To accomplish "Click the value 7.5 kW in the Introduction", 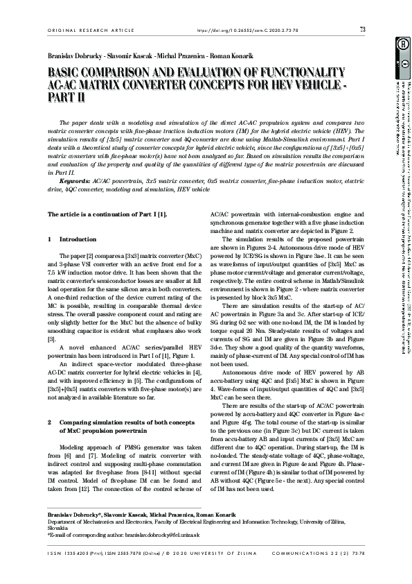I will (x=57, y=272).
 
